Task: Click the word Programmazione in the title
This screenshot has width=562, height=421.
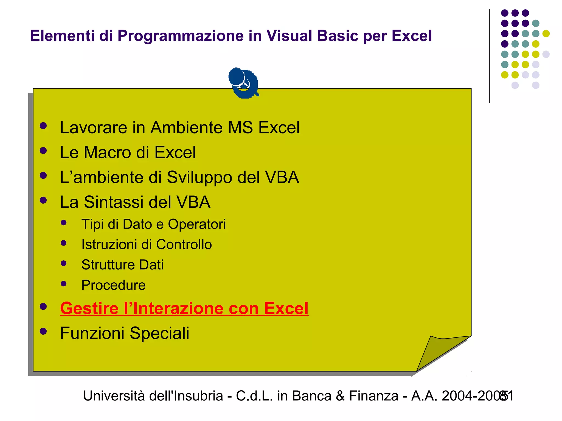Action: [x=181, y=36]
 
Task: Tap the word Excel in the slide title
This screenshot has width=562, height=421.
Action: [x=411, y=36]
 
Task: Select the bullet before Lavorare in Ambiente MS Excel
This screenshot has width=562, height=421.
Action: [x=43, y=126]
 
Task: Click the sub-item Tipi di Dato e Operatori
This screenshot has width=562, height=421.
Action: [x=153, y=224]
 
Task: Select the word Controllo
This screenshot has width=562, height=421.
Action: [x=184, y=244]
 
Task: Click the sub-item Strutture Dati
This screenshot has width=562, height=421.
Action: [x=122, y=265]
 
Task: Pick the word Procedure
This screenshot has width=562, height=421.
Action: [x=113, y=285]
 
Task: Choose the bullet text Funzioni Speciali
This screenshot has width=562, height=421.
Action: [x=125, y=333]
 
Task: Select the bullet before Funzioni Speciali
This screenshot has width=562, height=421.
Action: [x=43, y=331]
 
